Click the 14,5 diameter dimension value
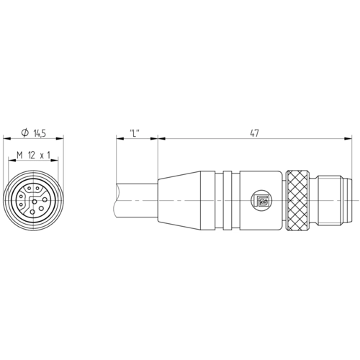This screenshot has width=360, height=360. (x=40, y=133)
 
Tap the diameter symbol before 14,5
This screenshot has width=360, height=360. (x=24, y=133)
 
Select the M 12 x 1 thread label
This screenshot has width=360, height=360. (x=33, y=156)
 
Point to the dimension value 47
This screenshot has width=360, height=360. (x=254, y=133)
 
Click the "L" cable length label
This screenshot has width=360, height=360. (x=135, y=133)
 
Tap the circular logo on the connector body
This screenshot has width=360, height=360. (x=260, y=200)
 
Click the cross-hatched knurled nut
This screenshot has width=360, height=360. (x=297, y=201)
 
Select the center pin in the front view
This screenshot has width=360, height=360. (x=35, y=201)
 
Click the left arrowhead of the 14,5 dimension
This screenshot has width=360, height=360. (x=7, y=138)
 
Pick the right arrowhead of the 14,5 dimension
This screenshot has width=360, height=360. (x=60, y=138)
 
